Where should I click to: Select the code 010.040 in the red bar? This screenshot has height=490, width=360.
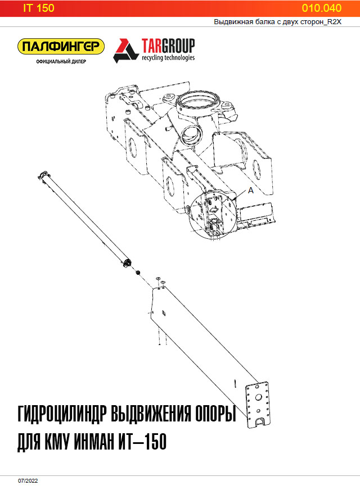click(x=321, y=8)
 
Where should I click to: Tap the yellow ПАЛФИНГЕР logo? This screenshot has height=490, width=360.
click(x=61, y=47)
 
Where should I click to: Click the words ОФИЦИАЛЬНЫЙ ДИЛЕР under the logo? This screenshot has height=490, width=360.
click(x=61, y=61)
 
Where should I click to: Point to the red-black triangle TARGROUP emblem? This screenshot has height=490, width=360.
click(x=126, y=50)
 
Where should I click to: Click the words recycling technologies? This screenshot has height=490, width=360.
click(x=168, y=57)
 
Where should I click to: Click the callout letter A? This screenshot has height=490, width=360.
click(x=251, y=191)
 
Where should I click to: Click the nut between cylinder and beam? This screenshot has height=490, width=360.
click(x=137, y=272)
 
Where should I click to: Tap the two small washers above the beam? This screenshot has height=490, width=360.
click(x=159, y=281)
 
